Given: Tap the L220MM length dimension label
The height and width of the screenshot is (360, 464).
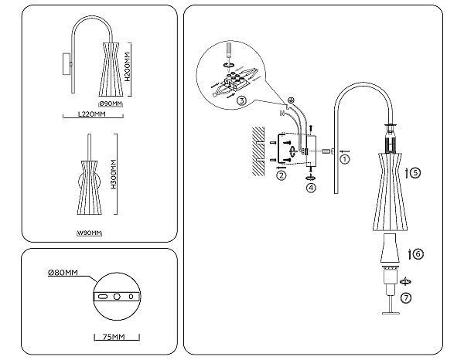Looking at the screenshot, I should pos(91,114).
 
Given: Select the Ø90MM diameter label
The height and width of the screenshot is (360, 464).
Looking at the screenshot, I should pos(111,103).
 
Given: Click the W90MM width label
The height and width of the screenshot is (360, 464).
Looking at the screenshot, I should pos(90,233).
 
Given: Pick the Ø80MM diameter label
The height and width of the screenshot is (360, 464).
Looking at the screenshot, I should pos(63,273).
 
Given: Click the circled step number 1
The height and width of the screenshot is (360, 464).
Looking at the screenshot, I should pos(345,159).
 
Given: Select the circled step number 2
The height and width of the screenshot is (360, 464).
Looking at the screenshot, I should pos(281,176).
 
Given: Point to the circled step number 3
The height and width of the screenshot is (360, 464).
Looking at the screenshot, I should pos(242,100).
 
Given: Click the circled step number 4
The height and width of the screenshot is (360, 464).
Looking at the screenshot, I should pos(311,187).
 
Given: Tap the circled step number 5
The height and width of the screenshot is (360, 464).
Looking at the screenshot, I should pos(415,173).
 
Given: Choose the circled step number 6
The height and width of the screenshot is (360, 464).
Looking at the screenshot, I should pos(418,253).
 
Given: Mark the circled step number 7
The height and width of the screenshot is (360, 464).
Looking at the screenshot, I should pos(407,297).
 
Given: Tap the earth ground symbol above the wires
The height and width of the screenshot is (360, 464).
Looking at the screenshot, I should pos(292,100).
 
